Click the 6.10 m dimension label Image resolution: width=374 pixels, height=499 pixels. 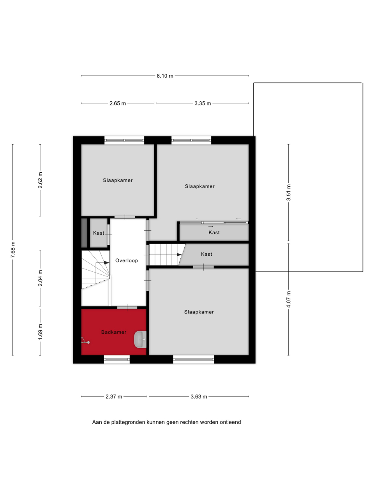pos(165,76)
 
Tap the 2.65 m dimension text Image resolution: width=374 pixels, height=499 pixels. pos(118,103)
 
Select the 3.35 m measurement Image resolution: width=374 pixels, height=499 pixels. pos(203,103)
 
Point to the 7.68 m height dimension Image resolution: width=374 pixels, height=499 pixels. pos(13,249)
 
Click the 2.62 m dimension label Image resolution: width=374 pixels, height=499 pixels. pos(40,180)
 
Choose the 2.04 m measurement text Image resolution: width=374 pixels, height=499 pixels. pos(40,278)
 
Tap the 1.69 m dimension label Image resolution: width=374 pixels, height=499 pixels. pos(40,332)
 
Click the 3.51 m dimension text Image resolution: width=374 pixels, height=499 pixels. pos(288,192)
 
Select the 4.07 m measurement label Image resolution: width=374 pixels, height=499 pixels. pos(288,299)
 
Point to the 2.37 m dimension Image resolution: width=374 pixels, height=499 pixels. pos(114,397)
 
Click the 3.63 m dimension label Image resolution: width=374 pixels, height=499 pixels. pos(199,397)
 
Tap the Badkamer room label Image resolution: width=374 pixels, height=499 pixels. pos(114,332)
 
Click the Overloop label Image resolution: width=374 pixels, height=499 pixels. pos(127,260)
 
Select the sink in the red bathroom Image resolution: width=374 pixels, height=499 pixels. pos(140,340)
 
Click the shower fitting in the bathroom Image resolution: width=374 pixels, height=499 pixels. pos(85,341)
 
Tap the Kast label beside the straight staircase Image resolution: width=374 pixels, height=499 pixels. pos(206,254)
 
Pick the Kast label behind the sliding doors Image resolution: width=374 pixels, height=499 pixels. pos(214,232)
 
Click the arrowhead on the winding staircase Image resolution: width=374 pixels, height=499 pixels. pos(106,263)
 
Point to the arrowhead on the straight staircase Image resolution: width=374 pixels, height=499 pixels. pos(179,255)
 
